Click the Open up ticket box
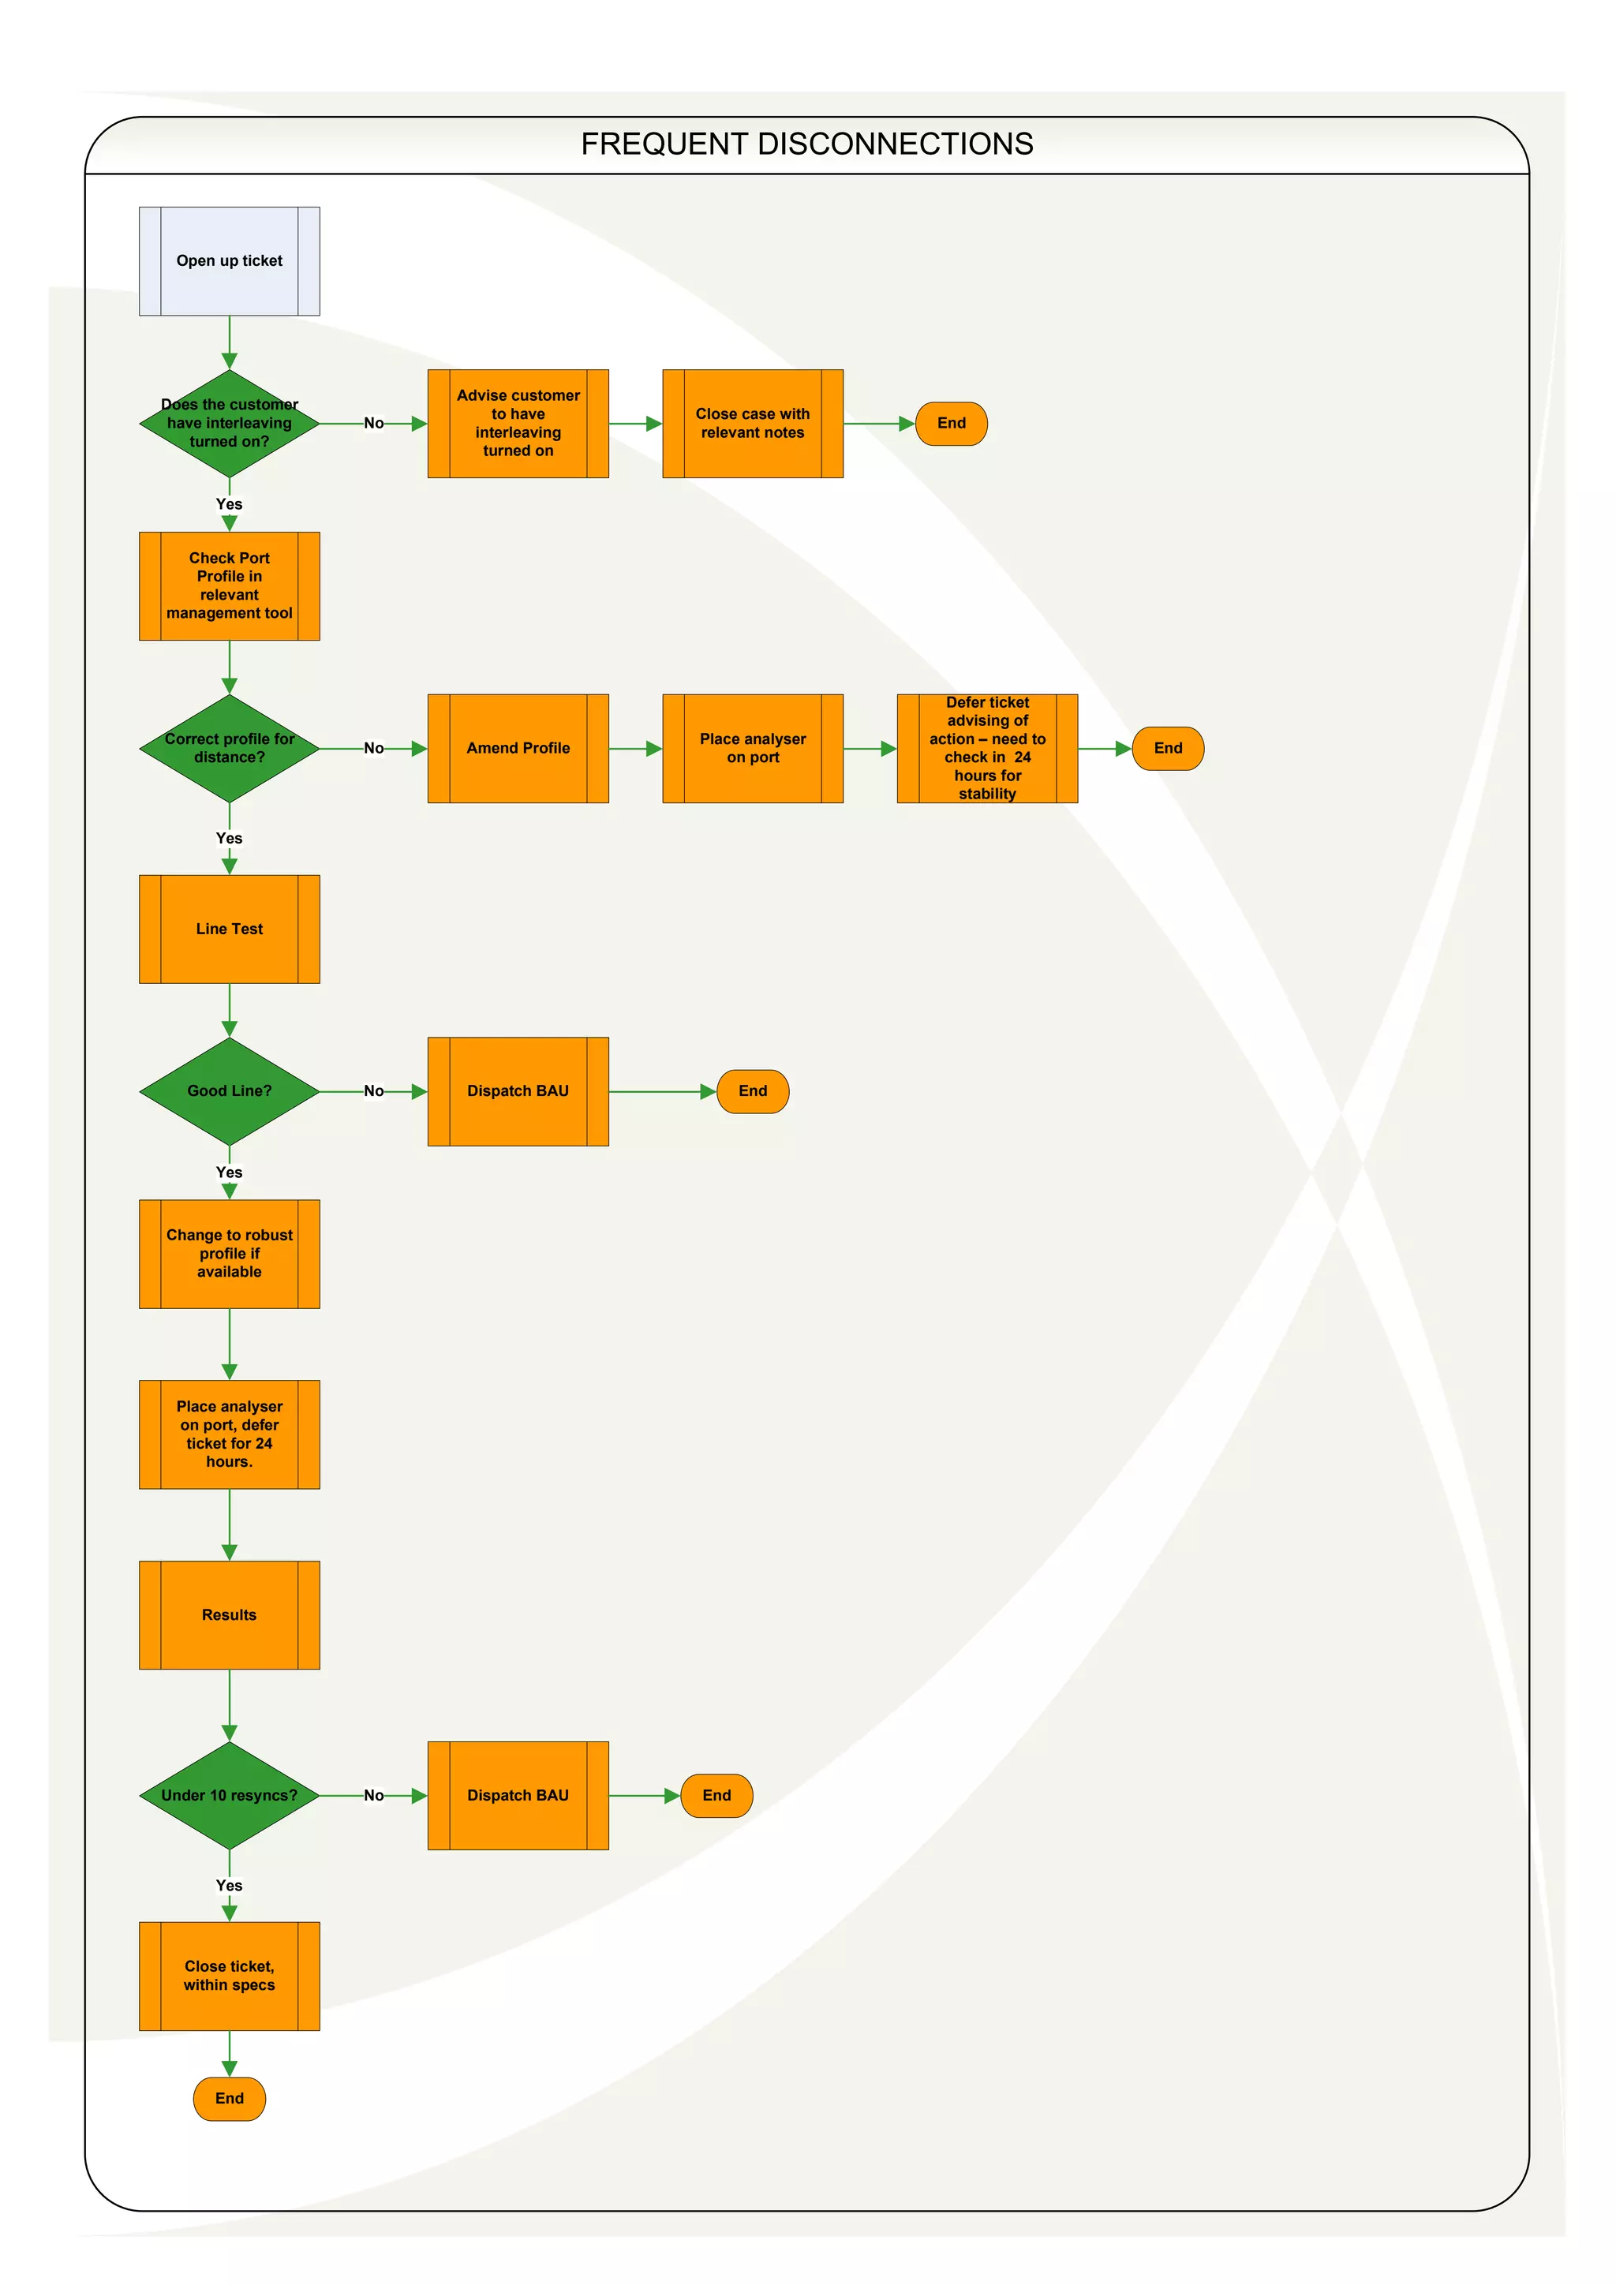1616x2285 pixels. click(229, 260)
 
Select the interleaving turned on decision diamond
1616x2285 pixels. click(229, 423)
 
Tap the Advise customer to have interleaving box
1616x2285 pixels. click(518, 423)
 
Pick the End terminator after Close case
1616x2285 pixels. click(952, 423)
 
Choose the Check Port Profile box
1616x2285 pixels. click(229, 585)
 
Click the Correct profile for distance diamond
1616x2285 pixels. click(229, 749)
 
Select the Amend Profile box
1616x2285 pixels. click(518, 749)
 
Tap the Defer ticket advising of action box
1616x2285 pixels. click(987, 749)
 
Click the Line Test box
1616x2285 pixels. click(229, 929)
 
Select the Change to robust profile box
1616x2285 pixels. click(229, 1253)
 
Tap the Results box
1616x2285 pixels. click(229, 1614)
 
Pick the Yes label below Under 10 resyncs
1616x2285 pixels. click(229, 1885)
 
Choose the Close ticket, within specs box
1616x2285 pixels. click(229, 1976)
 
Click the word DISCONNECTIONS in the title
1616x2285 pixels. click(895, 144)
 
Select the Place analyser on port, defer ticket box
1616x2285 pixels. click(229, 1434)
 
